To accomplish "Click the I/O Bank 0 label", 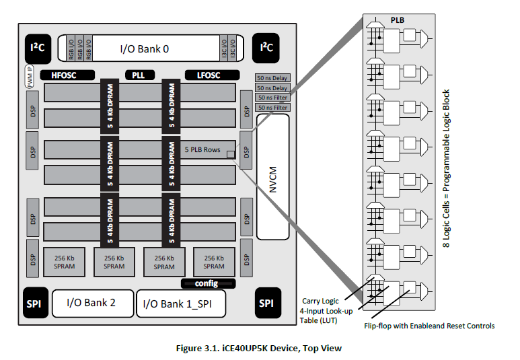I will click(x=145, y=48).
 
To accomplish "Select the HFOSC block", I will click(x=63, y=75).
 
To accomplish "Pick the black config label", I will click(x=208, y=283).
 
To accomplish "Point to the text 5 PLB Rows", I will click(x=202, y=149).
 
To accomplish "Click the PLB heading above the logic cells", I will click(x=398, y=21).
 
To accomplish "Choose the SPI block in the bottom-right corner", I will click(x=266, y=303).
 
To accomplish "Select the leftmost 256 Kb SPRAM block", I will click(x=65, y=262).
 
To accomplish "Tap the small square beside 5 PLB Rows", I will click(x=231, y=155).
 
